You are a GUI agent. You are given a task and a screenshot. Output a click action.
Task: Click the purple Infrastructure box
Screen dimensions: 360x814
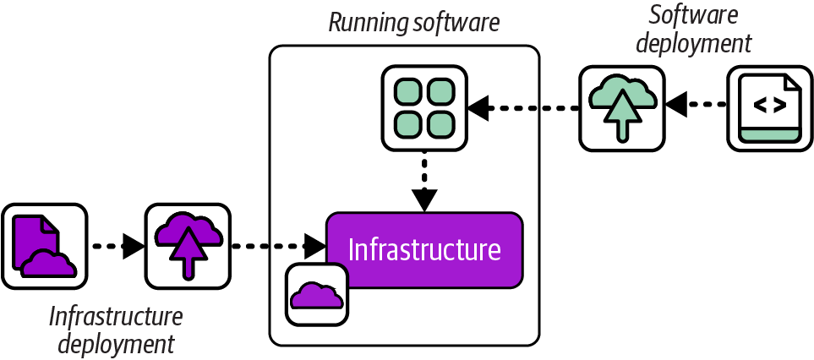424,249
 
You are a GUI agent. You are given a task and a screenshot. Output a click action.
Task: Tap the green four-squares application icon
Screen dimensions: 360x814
425,107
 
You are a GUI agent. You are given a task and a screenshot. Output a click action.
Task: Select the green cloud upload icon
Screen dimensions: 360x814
621,107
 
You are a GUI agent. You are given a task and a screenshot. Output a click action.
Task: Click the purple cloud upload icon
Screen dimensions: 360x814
188,245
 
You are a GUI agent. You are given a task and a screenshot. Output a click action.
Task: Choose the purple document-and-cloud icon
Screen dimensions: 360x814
44,245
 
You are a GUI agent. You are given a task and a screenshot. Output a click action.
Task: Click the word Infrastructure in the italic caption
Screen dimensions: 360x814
115,317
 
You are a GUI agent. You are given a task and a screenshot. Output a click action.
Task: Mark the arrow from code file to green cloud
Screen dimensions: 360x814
697,106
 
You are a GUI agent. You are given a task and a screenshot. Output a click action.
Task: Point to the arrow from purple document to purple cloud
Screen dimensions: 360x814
117,247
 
